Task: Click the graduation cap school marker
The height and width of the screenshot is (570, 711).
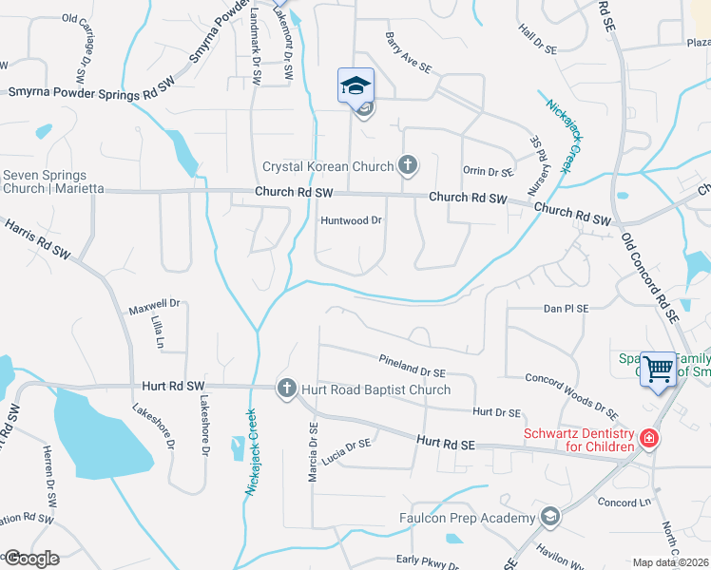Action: (x=356, y=86)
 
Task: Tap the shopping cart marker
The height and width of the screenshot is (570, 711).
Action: (x=659, y=370)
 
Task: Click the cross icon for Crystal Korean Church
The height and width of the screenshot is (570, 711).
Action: (x=408, y=166)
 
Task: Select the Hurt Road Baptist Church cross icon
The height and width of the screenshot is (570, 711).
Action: (x=286, y=388)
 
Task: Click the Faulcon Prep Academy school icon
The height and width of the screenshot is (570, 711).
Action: (x=548, y=517)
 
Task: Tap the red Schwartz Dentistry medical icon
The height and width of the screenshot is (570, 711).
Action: (x=648, y=439)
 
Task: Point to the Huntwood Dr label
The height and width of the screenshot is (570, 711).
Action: (x=351, y=220)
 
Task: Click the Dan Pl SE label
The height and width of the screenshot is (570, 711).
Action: (x=567, y=309)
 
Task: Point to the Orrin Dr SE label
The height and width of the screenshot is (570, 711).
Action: (x=488, y=172)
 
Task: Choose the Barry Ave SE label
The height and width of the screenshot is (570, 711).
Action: (x=409, y=53)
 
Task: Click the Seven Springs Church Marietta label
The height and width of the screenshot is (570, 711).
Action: (x=45, y=181)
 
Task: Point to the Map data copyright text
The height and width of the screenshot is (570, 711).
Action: (x=670, y=562)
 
